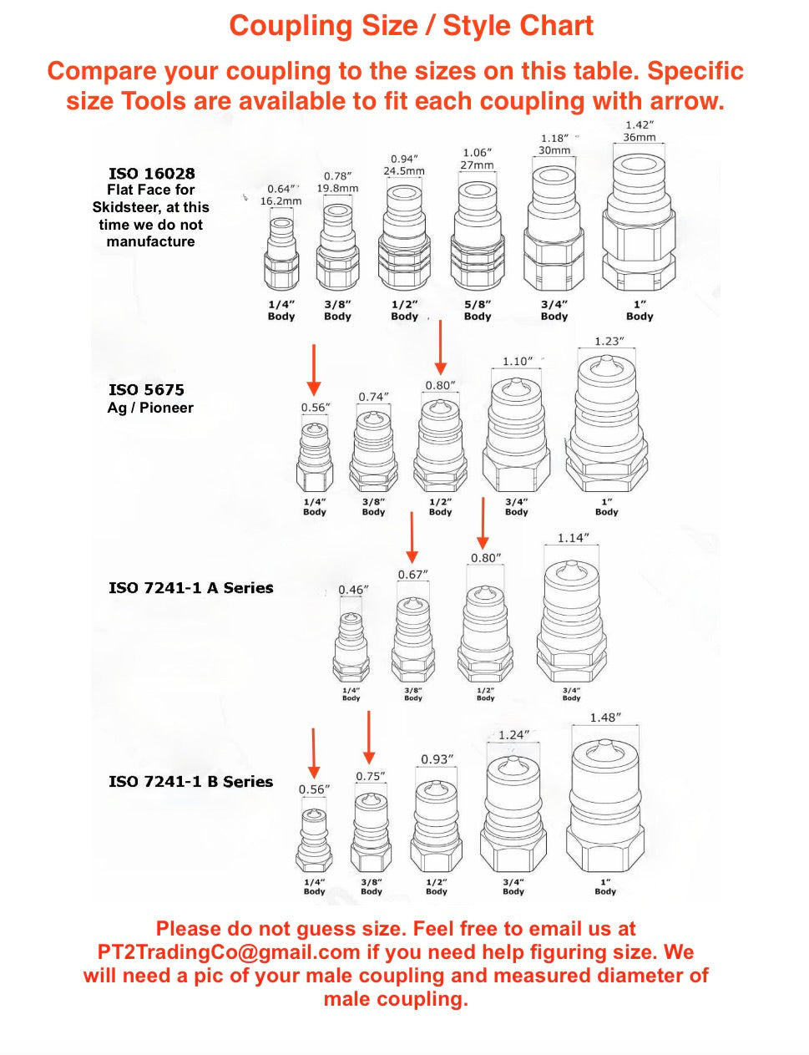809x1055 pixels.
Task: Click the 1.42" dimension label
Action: pos(640,124)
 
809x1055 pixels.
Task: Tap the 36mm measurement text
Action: pos(640,137)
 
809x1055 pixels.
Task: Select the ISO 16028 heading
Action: pos(151,173)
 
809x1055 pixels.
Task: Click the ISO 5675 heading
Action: pos(146,389)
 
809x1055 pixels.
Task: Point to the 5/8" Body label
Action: pos(478,310)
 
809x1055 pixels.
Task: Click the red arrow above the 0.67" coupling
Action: pos(412,537)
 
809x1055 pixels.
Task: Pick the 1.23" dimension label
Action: pos(609,342)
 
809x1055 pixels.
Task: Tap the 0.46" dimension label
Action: pos(353,590)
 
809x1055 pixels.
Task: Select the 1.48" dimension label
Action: pos(605,718)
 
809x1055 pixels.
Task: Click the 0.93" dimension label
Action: pos(437,759)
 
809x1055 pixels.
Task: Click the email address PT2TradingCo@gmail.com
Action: pos(229,952)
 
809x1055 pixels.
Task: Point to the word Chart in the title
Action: pos(555,26)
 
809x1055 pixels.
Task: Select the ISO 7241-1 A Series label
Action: pos(190,588)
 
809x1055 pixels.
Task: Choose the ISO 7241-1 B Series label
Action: pos(190,782)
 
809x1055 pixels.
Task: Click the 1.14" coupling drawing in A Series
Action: pos(571,621)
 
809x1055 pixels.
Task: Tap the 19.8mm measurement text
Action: pos(337,188)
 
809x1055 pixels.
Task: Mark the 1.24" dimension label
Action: pos(513,735)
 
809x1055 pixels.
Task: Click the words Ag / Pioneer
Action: pos(150,408)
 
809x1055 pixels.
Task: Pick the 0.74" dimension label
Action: pos(373,397)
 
